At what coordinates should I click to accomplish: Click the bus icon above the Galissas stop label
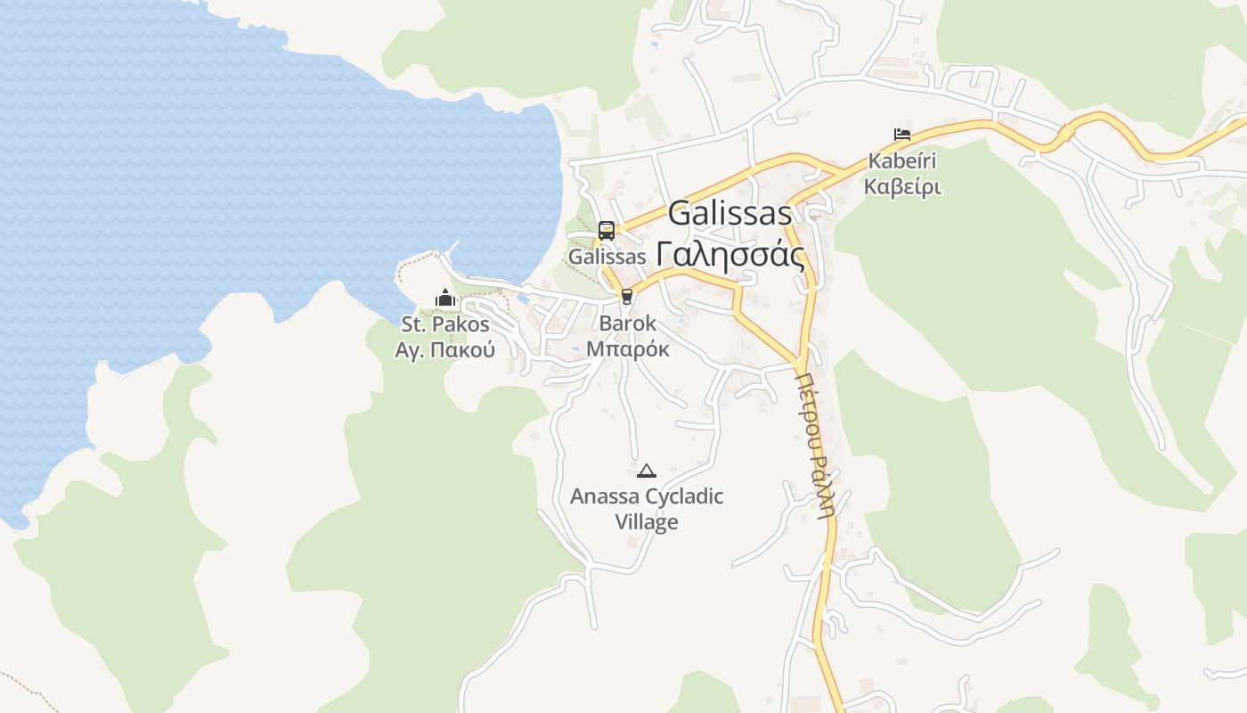pos(607,231)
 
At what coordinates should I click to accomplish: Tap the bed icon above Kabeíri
pos(902,135)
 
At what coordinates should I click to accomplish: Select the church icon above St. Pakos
pos(445,298)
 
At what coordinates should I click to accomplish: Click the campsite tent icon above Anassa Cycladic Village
pos(647,471)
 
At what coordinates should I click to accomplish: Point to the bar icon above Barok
pos(627,297)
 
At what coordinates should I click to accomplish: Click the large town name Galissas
pos(729,214)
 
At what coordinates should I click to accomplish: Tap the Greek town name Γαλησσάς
pos(730,255)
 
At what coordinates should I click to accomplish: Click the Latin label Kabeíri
pos(902,163)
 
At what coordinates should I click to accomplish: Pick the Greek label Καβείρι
pos(902,188)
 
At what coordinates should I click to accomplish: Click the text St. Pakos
pos(445,324)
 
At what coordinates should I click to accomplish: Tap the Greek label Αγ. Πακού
pos(445,350)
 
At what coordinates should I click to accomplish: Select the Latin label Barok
pos(628,324)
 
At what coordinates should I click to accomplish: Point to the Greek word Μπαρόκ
pos(628,349)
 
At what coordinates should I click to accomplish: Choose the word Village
pos(647,522)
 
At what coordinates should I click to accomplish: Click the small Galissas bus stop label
pos(607,257)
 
